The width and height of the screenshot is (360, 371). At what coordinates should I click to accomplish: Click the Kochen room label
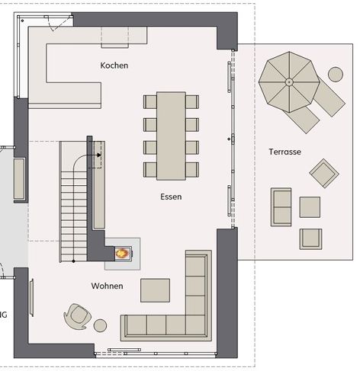coord(114,66)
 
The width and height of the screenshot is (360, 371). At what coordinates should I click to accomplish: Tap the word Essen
coord(171,197)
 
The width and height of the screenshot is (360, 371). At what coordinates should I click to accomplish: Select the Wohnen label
coord(107,286)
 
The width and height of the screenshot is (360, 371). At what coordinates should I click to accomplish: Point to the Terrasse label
coord(284,152)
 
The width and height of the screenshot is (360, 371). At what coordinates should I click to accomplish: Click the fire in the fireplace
coord(122,253)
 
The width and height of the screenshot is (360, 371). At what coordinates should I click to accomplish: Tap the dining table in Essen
coord(171,136)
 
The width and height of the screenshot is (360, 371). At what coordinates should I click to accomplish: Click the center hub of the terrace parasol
coord(289,82)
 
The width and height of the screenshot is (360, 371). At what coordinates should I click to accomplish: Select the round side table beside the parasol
coord(336,75)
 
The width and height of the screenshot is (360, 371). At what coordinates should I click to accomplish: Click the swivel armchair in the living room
coord(77,316)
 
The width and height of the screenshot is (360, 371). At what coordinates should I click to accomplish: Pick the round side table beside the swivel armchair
coord(100,325)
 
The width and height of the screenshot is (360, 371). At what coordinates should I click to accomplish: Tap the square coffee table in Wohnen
coord(155,290)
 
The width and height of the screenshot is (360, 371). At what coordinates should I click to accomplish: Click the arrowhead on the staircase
coord(99,155)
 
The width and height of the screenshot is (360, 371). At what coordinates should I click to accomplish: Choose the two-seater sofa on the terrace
coord(281,207)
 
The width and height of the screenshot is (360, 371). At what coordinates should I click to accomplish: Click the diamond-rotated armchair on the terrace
coord(324,173)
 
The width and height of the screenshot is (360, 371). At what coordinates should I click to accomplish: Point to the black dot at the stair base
coord(73,261)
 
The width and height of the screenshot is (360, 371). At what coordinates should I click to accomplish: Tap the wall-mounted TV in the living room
coord(31,297)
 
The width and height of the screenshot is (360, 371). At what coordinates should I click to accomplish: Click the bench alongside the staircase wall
coord(99,185)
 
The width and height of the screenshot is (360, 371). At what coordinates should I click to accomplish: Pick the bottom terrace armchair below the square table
coord(310,239)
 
